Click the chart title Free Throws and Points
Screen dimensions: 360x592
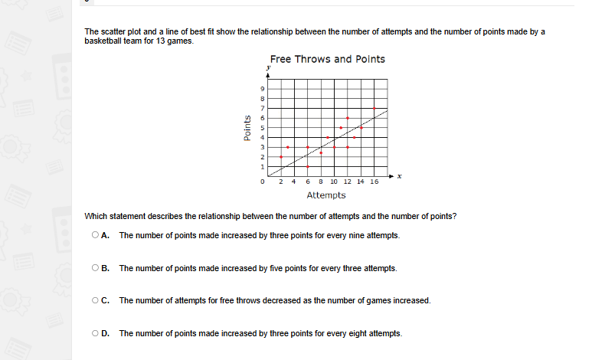click(327, 59)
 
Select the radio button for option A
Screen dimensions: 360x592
click(95, 235)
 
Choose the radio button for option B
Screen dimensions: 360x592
click(95, 268)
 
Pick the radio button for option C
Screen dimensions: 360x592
click(95, 300)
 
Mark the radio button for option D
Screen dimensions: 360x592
click(95, 333)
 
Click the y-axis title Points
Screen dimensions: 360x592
click(247, 127)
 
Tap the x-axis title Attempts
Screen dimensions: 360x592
click(325, 195)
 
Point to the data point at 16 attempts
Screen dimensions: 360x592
click(374, 109)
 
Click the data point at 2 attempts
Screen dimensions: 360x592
click(281, 156)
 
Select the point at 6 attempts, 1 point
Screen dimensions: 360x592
click(308, 166)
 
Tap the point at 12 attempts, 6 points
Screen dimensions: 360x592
click(348, 118)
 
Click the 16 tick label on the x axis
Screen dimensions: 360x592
click(374, 182)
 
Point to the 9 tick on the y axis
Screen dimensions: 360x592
click(263, 90)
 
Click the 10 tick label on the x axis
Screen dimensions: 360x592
click(334, 182)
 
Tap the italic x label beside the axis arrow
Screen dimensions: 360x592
click(399, 177)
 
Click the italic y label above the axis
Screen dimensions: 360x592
click(268, 68)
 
